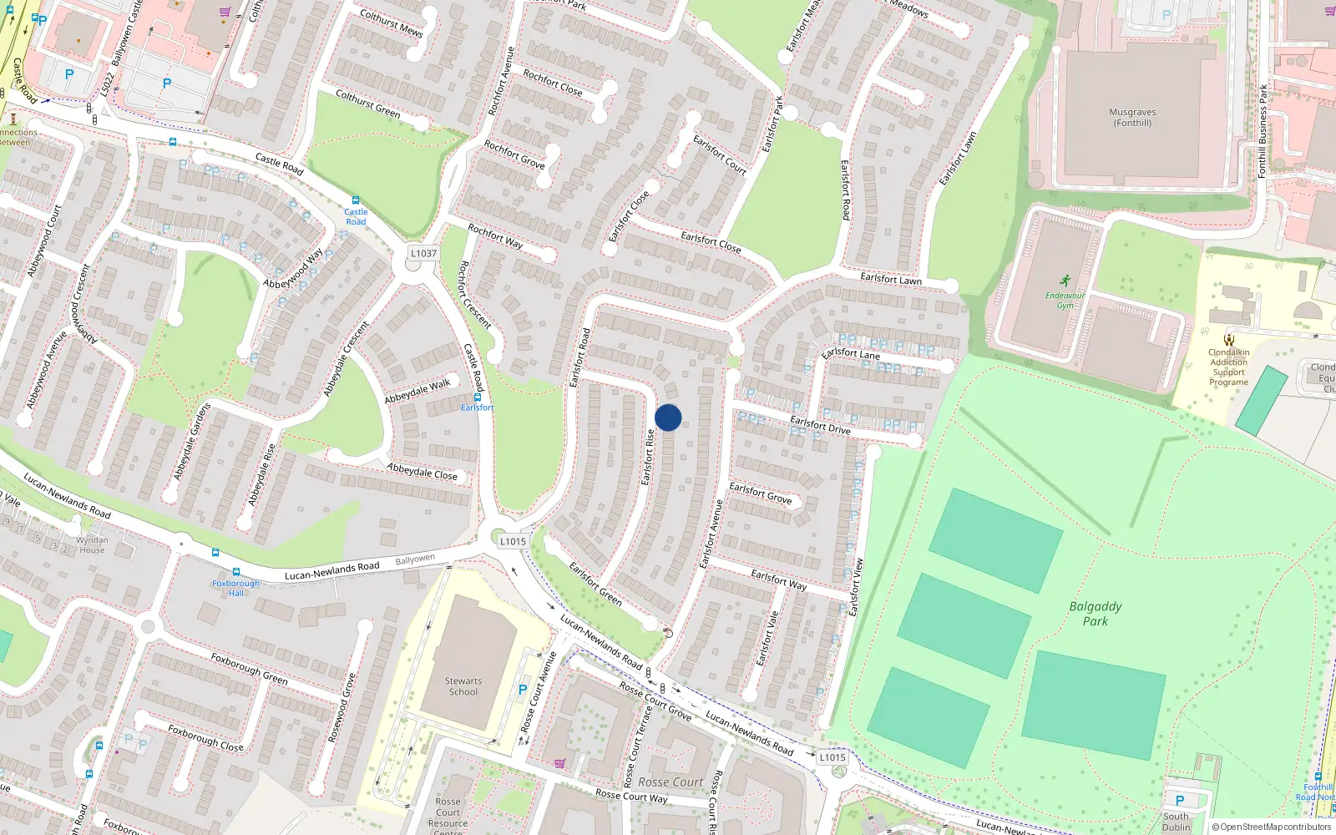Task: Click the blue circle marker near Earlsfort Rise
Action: click(668, 417)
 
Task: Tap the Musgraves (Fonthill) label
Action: click(1132, 118)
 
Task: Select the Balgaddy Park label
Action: click(1096, 614)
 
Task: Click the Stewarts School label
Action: click(463, 686)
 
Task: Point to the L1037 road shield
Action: click(423, 253)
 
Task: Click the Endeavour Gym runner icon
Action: click(1065, 281)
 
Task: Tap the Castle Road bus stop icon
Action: click(356, 200)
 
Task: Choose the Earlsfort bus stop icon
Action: click(477, 397)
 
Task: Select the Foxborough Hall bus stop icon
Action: click(236, 573)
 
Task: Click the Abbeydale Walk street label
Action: click(417, 391)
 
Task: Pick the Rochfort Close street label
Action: click(553, 83)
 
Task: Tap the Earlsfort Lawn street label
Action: click(891, 278)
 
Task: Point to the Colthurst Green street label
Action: click(367, 104)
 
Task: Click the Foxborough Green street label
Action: click(249, 669)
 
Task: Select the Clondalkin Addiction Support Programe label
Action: click(1228, 367)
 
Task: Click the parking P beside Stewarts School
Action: click(523, 691)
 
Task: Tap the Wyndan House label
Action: click(92, 545)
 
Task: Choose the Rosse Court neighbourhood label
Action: click(671, 782)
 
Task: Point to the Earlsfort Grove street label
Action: click(761, 493)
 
